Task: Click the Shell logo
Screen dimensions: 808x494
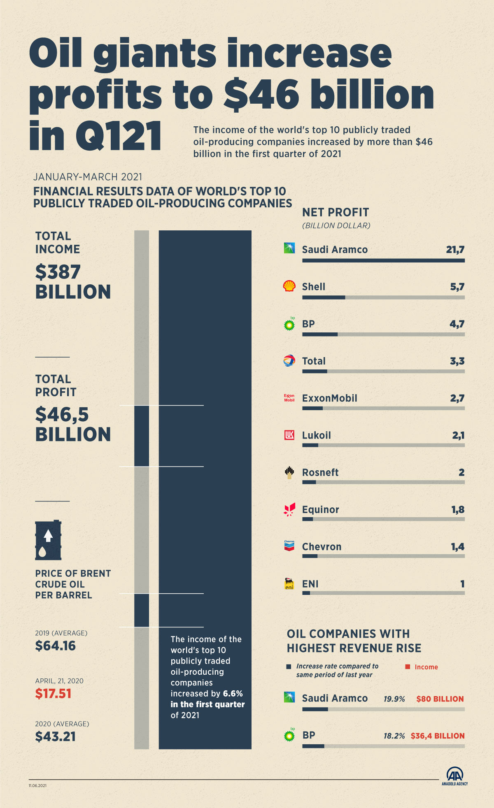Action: pos(289,286)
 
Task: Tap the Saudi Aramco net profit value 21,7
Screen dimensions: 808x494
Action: pos(455,249)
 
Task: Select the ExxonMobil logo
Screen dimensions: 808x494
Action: pos(289,398)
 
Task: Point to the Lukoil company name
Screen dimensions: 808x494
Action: pos(316,435)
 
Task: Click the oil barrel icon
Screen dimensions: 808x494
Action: pos(48,540)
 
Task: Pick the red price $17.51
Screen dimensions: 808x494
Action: pos(53,694)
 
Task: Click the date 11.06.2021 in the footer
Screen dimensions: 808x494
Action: pos(37,785)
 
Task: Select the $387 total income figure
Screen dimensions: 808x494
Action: pos(58,272)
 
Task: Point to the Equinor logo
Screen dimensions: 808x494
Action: pos(289,509)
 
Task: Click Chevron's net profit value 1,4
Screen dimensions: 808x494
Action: pos(457,547)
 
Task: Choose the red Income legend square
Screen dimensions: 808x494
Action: pos(408,667)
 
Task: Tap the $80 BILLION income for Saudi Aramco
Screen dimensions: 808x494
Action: pos(440,699)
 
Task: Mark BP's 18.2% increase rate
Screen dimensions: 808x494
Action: pos(394,736)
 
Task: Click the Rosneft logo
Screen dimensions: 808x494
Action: pos(289,472)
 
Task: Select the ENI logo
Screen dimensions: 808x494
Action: pos(289,583)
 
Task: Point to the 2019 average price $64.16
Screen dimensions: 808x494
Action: pos(55,646)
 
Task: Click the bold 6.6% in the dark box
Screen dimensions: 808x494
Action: pos(233,694)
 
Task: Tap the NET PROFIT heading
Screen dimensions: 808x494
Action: pos(336,212)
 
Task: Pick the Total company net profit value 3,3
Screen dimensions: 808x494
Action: pos(457,361)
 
